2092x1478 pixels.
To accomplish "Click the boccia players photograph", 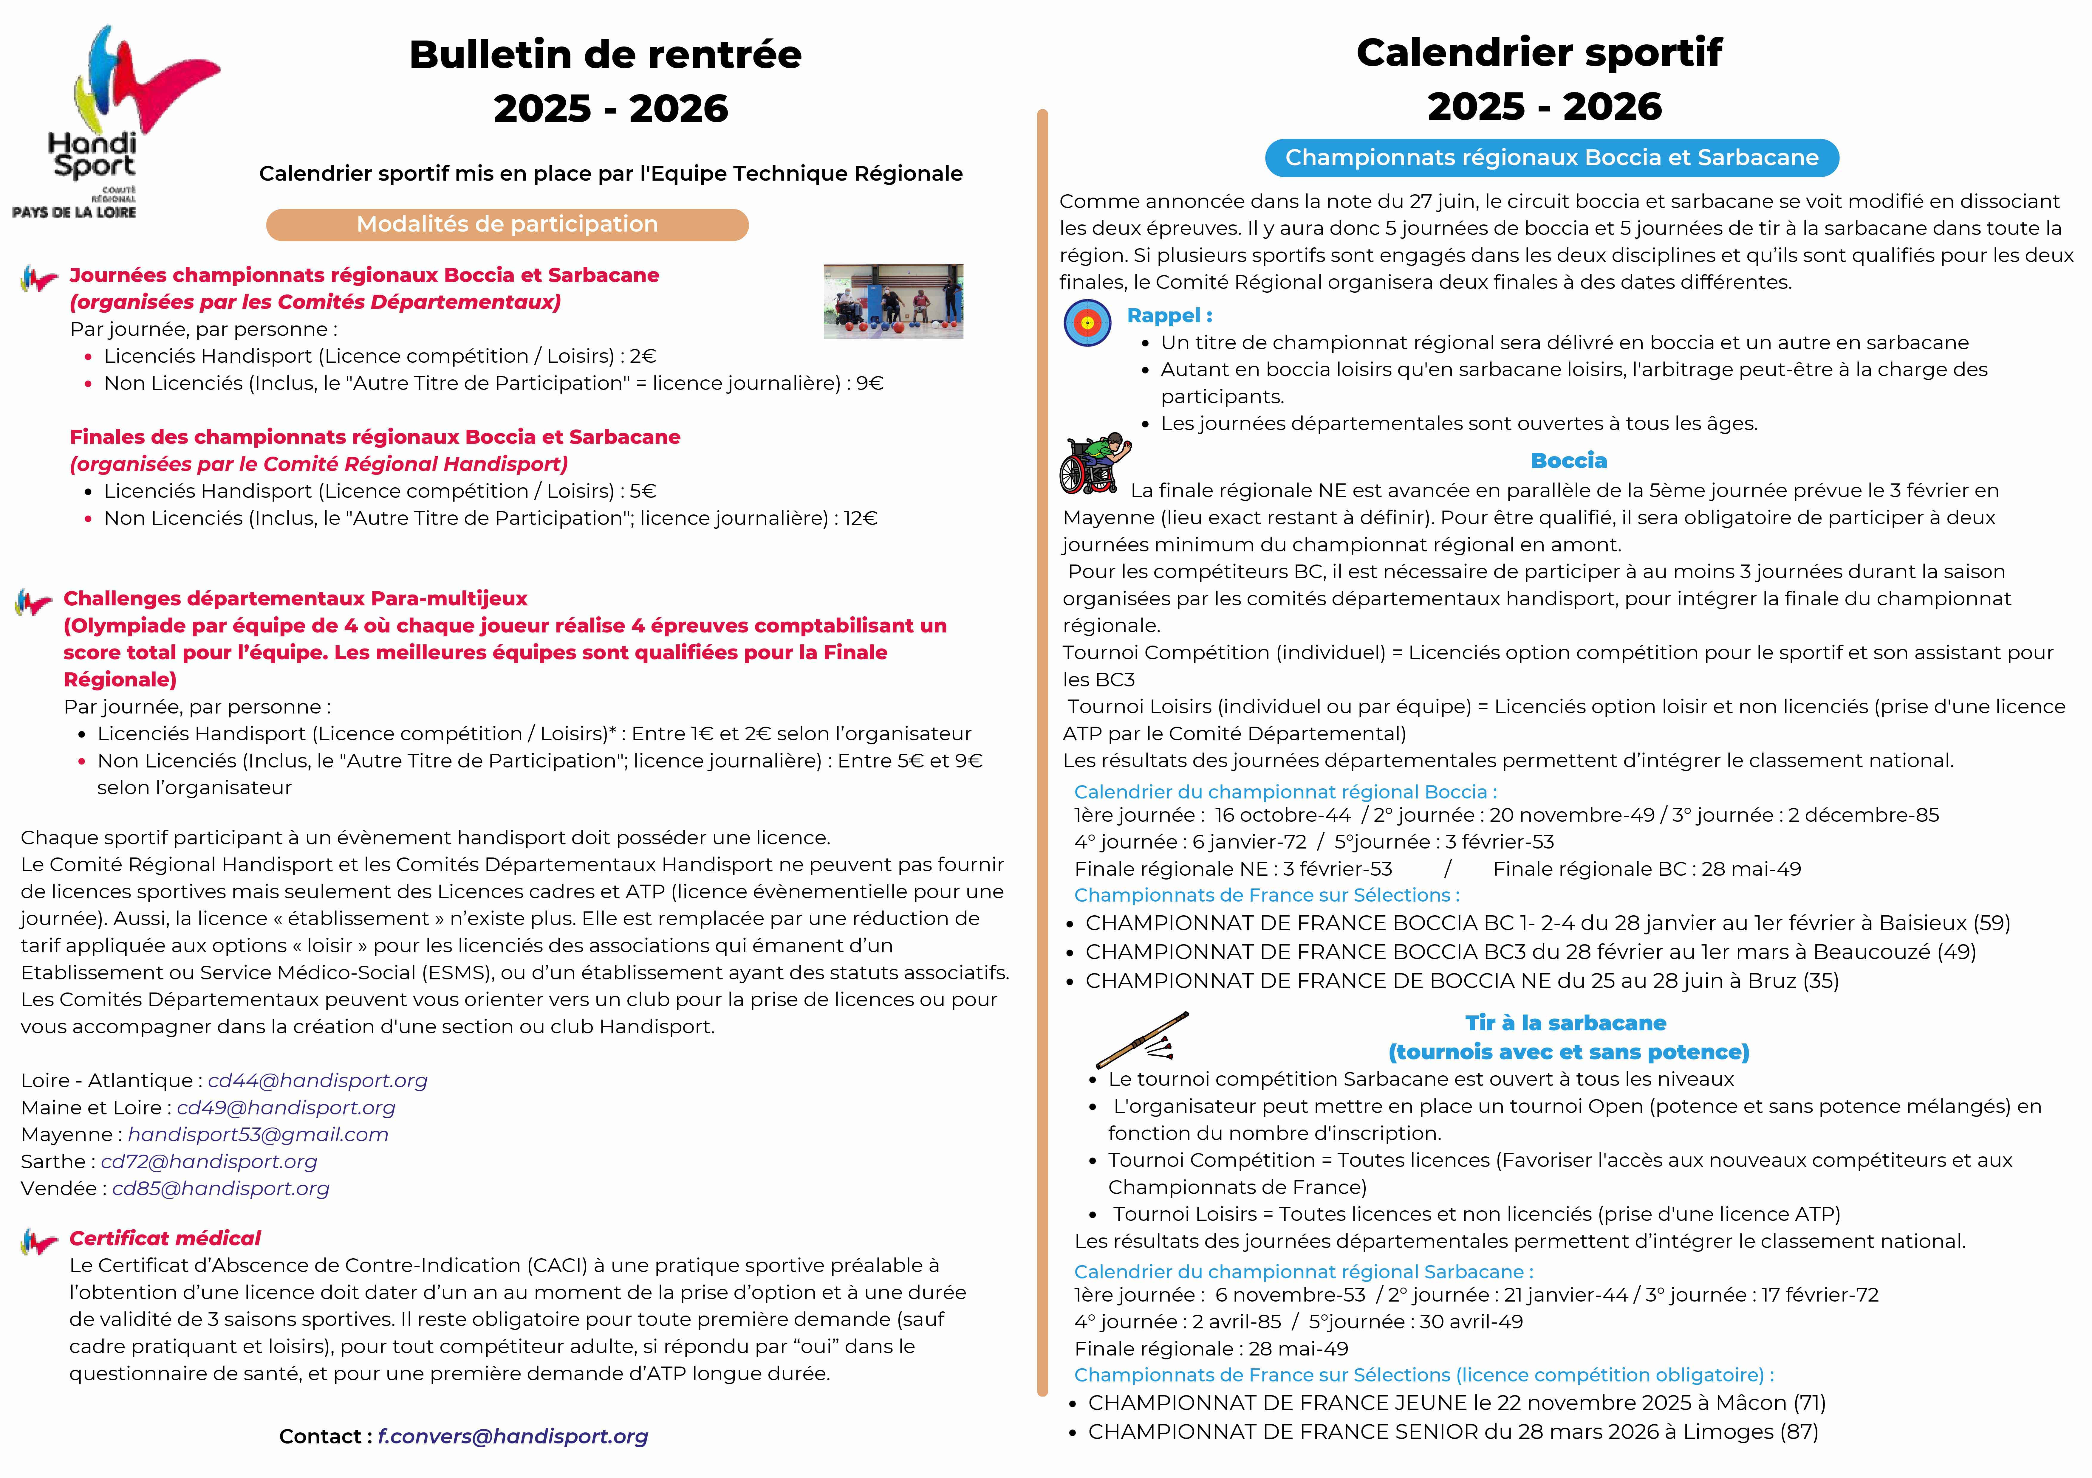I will pos(893,301).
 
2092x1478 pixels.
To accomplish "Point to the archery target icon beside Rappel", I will pos(1087,322).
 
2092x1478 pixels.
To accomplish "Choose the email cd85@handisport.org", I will pos(220,1188).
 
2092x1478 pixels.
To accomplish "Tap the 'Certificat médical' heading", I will pos(165,1238).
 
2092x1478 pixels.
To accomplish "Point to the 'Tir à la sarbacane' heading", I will pos(1565,1023).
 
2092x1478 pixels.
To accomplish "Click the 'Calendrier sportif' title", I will pos(1539,53).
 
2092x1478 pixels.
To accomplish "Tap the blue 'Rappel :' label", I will pos(1169,316).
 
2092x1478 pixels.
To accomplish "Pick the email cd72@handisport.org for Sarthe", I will pos(209,1162).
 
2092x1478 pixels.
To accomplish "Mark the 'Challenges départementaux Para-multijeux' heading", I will pos(295,598).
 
